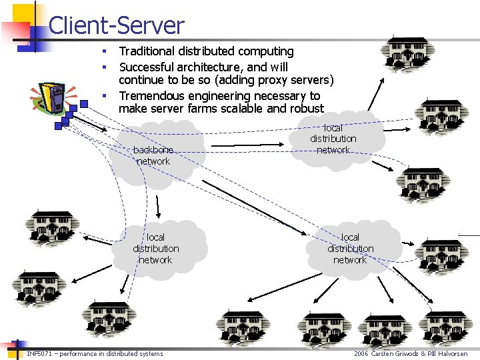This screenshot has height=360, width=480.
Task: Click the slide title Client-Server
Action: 116,25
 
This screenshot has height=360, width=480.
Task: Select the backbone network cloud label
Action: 153,155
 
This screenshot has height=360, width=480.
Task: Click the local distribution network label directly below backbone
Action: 155,249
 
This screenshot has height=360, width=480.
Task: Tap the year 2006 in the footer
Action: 361,353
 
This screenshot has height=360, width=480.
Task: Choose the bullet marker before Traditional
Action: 104,52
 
